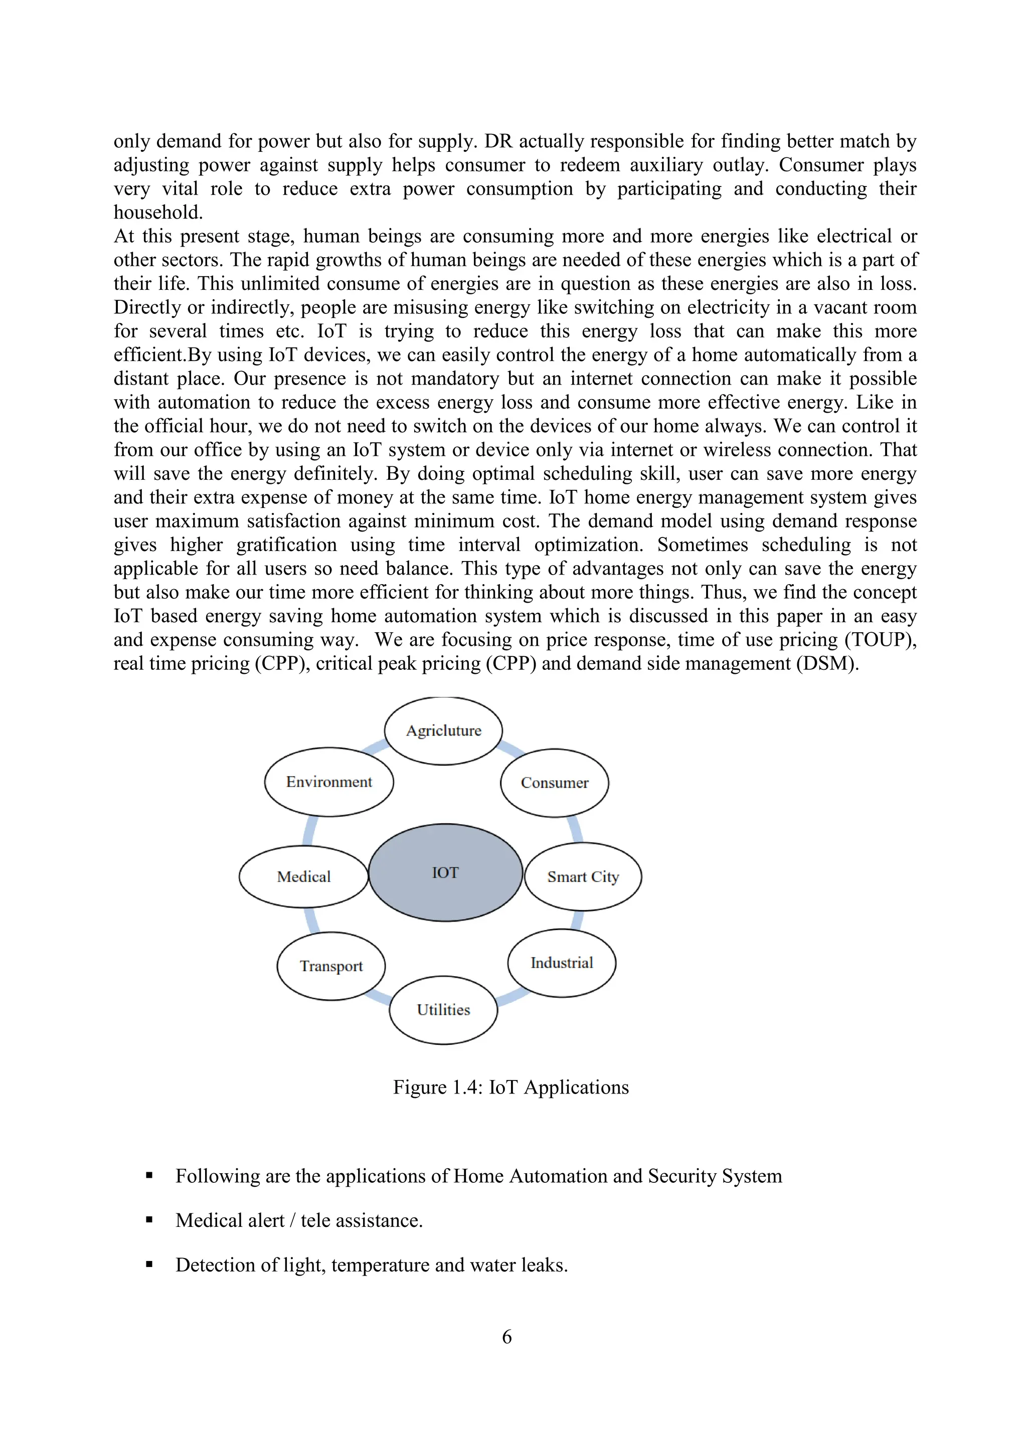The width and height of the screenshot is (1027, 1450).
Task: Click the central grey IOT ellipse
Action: (445, 872)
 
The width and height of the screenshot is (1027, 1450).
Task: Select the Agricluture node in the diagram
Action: (443, 731)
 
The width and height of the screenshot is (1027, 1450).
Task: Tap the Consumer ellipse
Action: (555, 783)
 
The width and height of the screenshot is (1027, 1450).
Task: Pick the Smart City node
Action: (583, 876)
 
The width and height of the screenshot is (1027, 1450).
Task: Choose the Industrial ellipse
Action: (562, 963)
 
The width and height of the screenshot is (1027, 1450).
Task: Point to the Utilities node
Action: (443, 1010)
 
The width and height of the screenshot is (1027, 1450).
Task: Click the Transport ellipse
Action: (331, 966)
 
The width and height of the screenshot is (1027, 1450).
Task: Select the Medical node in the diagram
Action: (303, 876)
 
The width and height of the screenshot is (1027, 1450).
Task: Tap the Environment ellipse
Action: (329, 782)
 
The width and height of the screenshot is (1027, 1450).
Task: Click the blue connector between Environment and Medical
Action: (308, 831)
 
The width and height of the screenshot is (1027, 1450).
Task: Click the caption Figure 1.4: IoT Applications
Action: (511, 1087)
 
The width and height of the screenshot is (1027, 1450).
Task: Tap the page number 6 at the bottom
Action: (506, 1337)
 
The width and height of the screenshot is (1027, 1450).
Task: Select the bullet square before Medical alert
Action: (149, 1220)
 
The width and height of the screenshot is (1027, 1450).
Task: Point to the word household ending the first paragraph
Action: (157, 213)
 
